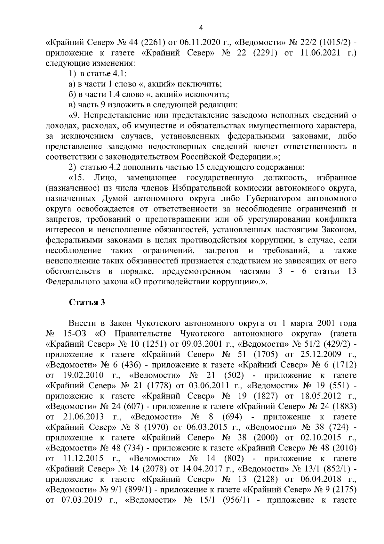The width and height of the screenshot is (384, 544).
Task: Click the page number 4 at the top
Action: (201, 28)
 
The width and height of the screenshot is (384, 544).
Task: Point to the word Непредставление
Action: (117, 115)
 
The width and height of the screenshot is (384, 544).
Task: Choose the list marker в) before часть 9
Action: (72, 104)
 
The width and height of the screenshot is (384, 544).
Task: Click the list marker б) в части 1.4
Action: (72, 94)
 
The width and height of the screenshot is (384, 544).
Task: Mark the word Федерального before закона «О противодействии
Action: (75, 282)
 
